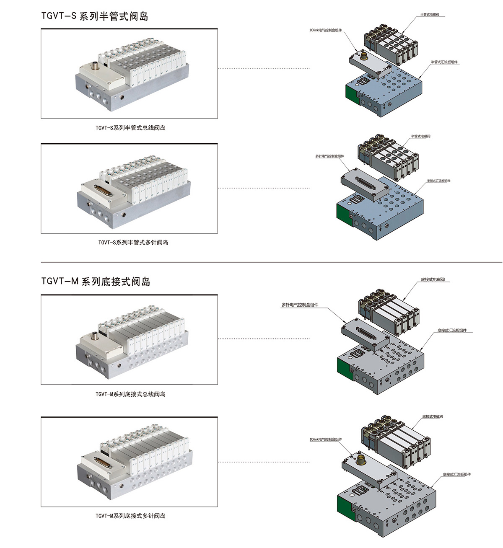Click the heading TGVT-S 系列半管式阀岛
pyautogui.click(x=95, y=16)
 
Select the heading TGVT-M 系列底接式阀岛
pyautogui.click(x=96, y=282)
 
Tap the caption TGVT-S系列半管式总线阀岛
pyautogui.click(x=130, y=128)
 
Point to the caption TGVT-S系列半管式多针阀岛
pyautogui.click(x=133, y=242)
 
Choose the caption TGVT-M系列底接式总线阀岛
pyautogui.click(x=130, y=394)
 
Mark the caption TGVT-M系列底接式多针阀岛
pyautogui.click(x=130, y=516)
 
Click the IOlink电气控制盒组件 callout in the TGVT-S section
pyautogui.click(x=326, y=30)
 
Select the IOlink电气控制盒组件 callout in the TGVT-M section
pyautogui.click(x=326, y=439)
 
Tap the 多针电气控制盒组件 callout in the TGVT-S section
pyautogui.click(x=329, y=156)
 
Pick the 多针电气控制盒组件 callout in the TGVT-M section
pyautogui.click(x=300, y=305)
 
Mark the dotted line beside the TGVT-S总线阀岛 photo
pyautogui.click(x=264, y=68)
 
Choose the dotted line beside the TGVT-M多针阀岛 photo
pyautogui.click(x=264, y=462)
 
